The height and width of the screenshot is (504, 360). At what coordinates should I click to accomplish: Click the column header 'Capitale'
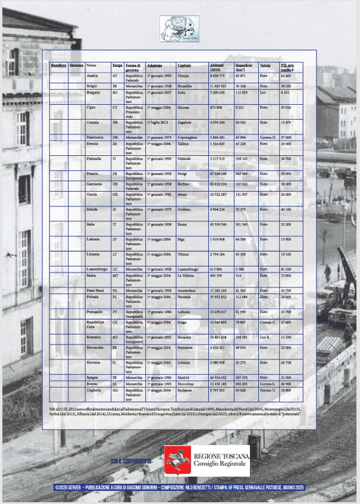184,64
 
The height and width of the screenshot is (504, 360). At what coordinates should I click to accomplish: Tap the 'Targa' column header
117,64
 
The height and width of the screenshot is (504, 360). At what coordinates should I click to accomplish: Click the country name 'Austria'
92,76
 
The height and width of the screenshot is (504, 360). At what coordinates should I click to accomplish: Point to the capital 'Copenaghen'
188,137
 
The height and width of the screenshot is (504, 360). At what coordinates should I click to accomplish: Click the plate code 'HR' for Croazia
115,122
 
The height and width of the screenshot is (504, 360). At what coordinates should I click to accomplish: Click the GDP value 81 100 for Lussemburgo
286,269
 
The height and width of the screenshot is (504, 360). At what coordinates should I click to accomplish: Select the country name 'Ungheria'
94,390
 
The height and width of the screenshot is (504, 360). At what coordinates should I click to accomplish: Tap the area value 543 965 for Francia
241,174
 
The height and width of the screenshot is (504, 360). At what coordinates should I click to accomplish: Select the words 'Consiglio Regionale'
221,464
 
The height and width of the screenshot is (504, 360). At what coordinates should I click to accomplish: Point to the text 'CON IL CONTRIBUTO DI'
132,461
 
